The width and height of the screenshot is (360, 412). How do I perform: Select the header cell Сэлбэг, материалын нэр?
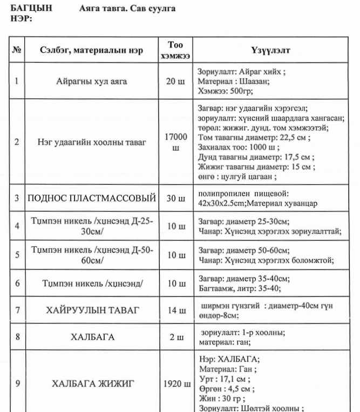[92, 50]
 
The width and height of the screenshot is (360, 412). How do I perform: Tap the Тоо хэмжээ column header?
[175, 50]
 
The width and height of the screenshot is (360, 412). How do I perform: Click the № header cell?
[17, 50]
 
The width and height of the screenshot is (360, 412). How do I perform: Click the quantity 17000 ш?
[175, 143]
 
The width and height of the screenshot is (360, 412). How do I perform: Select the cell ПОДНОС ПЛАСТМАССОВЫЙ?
[92, 198]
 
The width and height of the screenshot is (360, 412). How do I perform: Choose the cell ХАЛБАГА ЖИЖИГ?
[92, 384]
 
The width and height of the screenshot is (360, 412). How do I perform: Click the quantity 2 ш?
[175, 337]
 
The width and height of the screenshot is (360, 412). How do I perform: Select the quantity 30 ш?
[175, 198]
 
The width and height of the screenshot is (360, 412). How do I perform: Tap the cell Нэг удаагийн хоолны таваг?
[92, 143]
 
